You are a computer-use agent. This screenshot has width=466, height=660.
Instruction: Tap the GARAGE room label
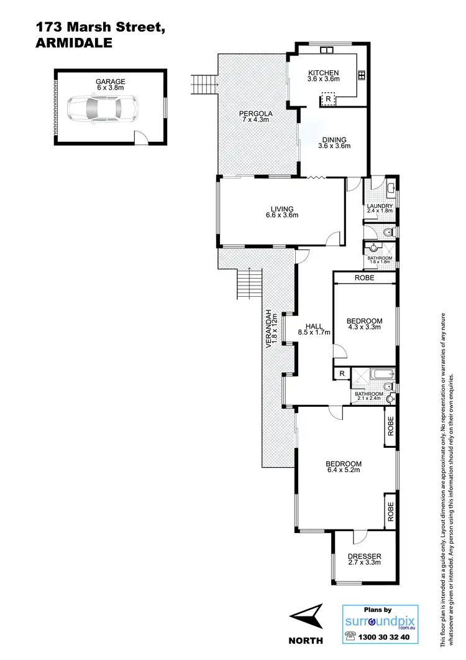click(111, 81)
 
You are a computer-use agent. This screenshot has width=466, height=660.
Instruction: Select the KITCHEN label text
click(323, 73)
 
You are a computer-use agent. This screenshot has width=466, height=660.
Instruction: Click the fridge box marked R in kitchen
click(327, 98)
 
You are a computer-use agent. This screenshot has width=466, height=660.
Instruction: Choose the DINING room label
click(334, 140)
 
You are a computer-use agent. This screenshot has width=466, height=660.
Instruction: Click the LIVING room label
click(281, 209)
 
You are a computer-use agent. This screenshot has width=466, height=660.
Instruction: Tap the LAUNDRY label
click(379, 206)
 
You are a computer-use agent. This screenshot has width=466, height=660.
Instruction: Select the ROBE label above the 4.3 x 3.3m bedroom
click(365, 278)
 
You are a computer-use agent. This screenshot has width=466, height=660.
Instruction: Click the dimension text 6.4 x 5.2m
click(344, 470)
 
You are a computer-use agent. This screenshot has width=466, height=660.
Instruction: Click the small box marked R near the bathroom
click(341, 373)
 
